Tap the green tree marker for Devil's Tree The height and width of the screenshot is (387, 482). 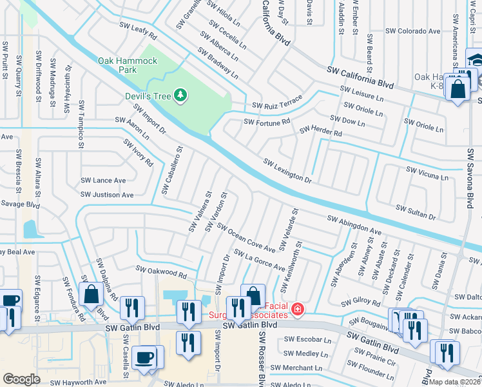[x=182, y=95]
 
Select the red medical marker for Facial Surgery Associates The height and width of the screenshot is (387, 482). [x=297, y=310]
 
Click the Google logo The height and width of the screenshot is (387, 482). [x=22, y=379]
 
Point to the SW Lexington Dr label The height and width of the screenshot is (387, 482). [x=287, y=170]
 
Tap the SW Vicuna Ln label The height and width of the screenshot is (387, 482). [x=427, y=172]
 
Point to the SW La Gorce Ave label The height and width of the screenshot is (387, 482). [x=259, y=260]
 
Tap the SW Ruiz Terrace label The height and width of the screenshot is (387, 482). [x=276, y=104]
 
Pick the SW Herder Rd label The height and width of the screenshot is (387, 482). [x=320, y=132]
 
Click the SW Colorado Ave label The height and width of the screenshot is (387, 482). [x=412, y=30]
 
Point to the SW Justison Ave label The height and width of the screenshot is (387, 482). [x=106, y=194]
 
